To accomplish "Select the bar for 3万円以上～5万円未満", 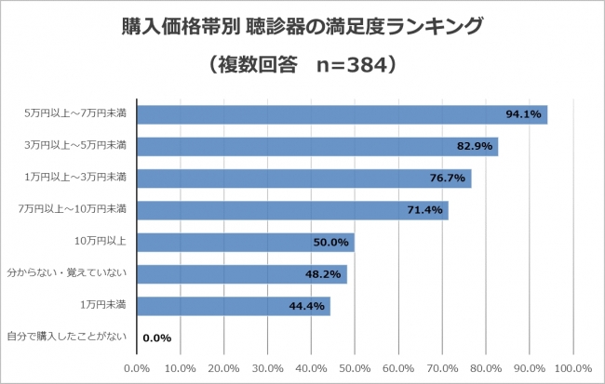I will pyautogui.click(x=316, y=147).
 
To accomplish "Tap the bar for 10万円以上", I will pyautogui.click(x=245, y=242).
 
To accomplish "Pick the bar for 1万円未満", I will pyautogui.click(x=233, y=306).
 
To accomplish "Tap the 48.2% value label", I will pyautogui.click(x=324, y=274).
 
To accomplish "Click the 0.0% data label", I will pyautogui.click(x=155, y=338).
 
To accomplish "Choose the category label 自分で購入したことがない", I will pyautogui.click(x=66, y=336).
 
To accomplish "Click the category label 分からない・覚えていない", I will pyautogui.click(x=73, y=272).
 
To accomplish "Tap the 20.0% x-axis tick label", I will pyautogui.click(x=223, y=368).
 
